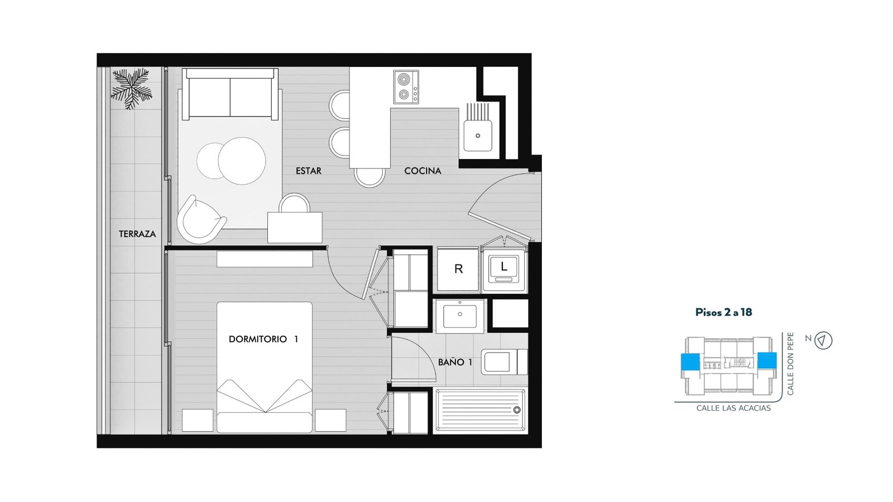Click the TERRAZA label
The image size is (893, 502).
[137, 234]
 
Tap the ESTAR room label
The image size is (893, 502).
[308, 171]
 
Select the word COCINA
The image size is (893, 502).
[423, 171]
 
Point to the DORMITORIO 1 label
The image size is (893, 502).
[263, 339]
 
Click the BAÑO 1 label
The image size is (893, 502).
[455, 362]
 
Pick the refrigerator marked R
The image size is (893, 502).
[458, 269]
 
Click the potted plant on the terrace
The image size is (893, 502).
[131, 89]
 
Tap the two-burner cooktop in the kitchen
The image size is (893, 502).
[406, 87]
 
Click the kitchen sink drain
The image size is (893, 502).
[478, 136]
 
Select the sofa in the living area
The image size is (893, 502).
[230, 94]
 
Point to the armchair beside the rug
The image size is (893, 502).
[200, 220]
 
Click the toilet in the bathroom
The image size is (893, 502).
[504, 362]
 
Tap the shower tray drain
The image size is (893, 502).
[517, 410]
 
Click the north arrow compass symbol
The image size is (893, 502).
[823, 341]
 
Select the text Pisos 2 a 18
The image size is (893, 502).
[723, 312]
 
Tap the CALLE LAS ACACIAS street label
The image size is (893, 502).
[733, 408]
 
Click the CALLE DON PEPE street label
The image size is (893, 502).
[790, 364]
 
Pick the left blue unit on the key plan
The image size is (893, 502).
[690, 362]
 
